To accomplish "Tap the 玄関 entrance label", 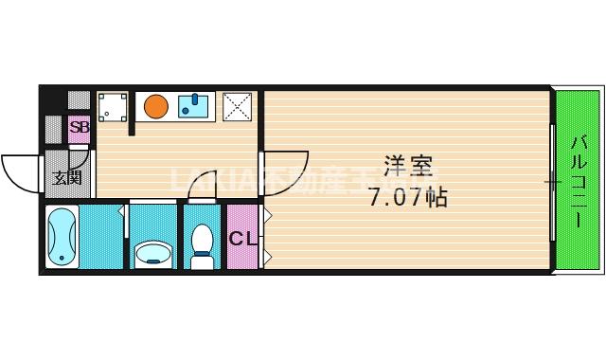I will point(66,177).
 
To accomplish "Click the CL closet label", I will point(241,239).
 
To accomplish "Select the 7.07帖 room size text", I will point(408,198).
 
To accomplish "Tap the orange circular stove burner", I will point(156,105).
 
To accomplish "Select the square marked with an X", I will point(237,106).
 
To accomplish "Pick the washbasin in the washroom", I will point(153,253).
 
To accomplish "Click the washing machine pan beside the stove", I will point(113,106).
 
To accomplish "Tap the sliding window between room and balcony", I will point(551,180).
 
